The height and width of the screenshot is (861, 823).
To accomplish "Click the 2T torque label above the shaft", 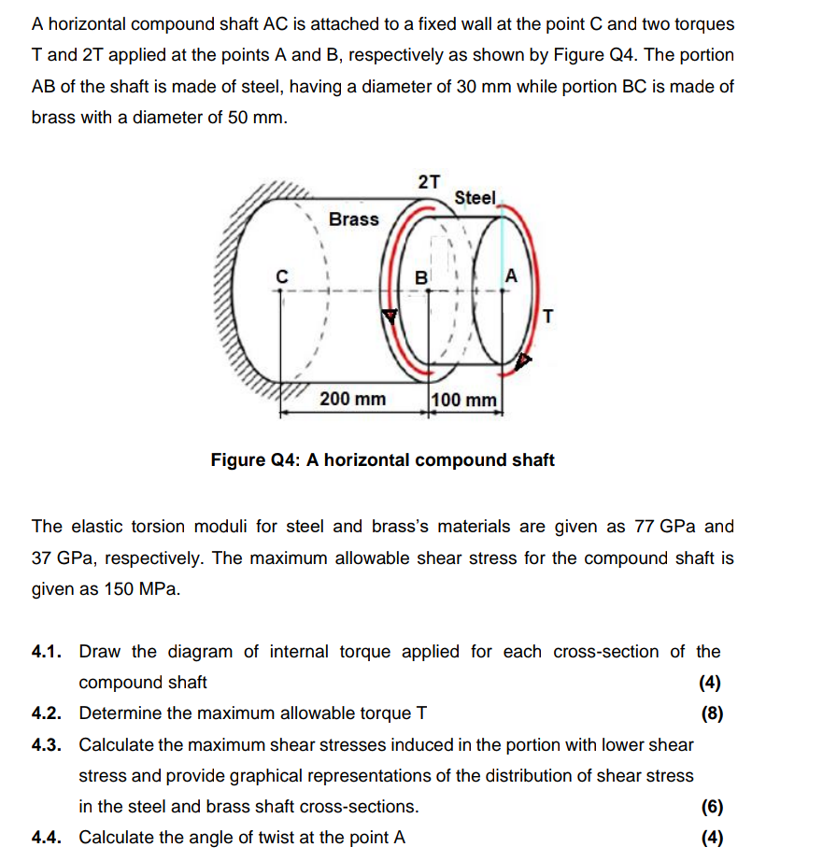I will [x=429, y=181].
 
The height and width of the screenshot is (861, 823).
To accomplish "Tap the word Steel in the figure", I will [x=475, y=198].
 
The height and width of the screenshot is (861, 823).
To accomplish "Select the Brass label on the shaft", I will [x=354, y=219].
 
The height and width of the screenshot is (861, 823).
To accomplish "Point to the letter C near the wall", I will [x=279, y=275].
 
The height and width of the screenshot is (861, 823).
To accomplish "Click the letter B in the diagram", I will [x=421, y=277].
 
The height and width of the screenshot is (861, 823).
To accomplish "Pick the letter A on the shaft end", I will [x=510, y=275].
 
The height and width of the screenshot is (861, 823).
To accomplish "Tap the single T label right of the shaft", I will [x=547, y=317].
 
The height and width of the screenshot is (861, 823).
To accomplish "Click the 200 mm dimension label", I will [x=352, y=400].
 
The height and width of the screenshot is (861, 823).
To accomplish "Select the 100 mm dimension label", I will [x=466, y=401].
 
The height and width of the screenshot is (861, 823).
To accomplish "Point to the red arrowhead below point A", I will [x=524, y=360].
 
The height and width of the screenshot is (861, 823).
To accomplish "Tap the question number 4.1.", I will [x=47, y=652].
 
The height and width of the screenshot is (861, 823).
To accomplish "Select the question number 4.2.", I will [x=47, y=714].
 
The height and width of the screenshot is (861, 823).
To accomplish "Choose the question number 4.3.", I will [x=47, y=745].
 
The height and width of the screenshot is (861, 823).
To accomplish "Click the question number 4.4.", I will [x=47, y=838].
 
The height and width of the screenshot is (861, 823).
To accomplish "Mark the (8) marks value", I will [x=712, y=714].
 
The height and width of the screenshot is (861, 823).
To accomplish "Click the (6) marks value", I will [x=712, y=807].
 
